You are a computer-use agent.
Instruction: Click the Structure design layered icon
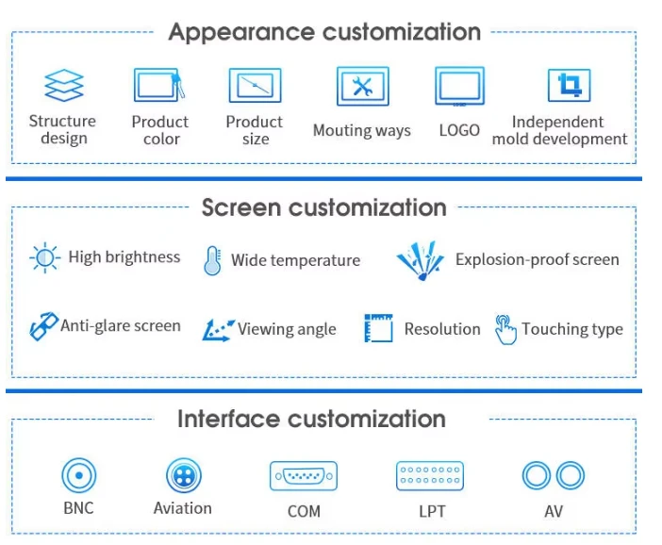coord(64,85)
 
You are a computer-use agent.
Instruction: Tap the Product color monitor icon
coord(159,85)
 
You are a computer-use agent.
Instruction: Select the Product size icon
coord(255,85)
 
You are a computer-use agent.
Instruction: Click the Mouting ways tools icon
coord(363,86)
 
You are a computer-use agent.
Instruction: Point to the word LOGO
coord(459,130)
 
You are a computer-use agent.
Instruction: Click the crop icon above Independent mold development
coord(570,85)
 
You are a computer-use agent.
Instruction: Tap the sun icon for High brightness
coord(44,257)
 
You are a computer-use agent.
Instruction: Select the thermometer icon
coord(212,260)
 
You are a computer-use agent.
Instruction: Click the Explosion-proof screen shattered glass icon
coord(421,260)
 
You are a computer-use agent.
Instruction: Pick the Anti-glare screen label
coord(121,326)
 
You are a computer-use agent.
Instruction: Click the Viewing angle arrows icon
coord(218,330)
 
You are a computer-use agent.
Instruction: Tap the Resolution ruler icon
coord(378,327)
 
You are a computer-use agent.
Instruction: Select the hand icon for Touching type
coord(505,330)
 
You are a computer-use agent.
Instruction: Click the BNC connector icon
coord(79,475)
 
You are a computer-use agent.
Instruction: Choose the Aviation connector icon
coord(184,475)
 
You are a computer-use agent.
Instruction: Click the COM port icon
coord(304,476)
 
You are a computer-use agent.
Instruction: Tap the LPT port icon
coord(430,476)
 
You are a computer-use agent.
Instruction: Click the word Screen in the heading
coord(241,207)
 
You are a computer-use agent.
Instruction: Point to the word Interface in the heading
coord(228,419)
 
